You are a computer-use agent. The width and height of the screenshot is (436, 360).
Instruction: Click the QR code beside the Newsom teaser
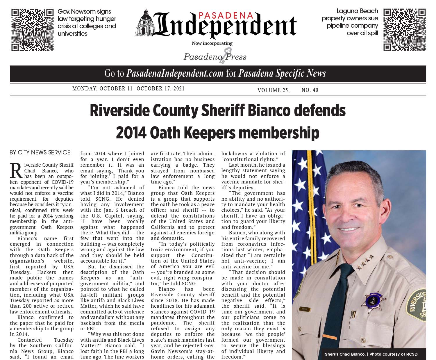click(x=32, y=30)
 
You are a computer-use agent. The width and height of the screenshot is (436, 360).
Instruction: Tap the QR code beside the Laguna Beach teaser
click(x=404, y=30)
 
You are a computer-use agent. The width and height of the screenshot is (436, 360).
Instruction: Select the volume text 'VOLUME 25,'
click(x=273, y=90)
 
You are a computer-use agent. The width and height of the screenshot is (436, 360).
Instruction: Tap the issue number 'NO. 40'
click(x=310, y=90)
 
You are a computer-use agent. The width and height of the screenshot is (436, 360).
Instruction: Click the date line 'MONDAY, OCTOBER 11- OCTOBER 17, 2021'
click(x=128, y=88)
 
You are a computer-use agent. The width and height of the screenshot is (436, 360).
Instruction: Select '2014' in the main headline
click(x=131, y=133)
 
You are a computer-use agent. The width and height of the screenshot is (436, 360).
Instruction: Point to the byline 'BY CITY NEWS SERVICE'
click(x=40, y=152)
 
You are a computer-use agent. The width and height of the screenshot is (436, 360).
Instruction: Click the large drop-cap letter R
click(x=16, y=171)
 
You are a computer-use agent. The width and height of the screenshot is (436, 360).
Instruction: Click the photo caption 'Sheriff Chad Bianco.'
click(x=345, y=354)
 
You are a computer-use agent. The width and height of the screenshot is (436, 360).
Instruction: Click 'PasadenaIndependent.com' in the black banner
click(x=175, y=74)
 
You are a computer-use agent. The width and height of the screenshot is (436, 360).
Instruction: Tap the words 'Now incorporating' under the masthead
click(x=212, y=43)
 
